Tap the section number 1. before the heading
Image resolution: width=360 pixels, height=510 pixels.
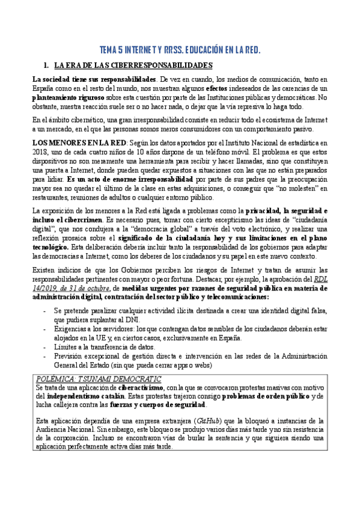(46, 64)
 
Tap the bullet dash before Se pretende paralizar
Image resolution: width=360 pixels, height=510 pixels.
(46, 312)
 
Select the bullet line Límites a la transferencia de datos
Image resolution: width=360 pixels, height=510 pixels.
(104, 347)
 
